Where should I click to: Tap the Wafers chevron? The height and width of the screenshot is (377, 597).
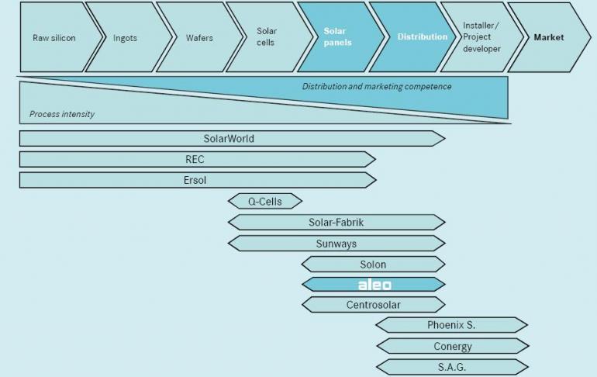click(x=198, y=37)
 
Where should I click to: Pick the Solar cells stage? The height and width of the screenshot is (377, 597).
click(x=266, y=37)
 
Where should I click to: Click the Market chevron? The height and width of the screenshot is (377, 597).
click(x=549, y=37)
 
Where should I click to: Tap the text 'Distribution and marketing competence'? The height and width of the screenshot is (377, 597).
click(x=377, y=87)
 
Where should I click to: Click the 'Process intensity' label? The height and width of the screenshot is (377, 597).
click(x=62, y=114)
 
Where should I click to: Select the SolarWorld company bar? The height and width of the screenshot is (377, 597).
click(x=229, y=139)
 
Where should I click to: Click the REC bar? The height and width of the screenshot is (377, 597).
click(x=195, y=159)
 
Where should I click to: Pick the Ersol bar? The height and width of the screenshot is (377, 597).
click(x=195, y=180)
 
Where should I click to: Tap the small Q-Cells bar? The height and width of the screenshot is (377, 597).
click(x=264, y=202)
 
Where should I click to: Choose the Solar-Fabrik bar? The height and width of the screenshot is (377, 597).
click(x=336, y=223)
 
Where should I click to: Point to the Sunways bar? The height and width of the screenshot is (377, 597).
click(x=336, y=244)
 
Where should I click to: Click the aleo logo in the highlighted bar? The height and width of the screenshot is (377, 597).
click(x=374, y=285)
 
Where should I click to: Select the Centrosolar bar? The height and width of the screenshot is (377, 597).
click(x=373, y=305)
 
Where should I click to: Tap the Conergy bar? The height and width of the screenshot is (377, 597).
click(x=452, y=346)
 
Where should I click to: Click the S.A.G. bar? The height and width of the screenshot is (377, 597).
click(x=452, y=367)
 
